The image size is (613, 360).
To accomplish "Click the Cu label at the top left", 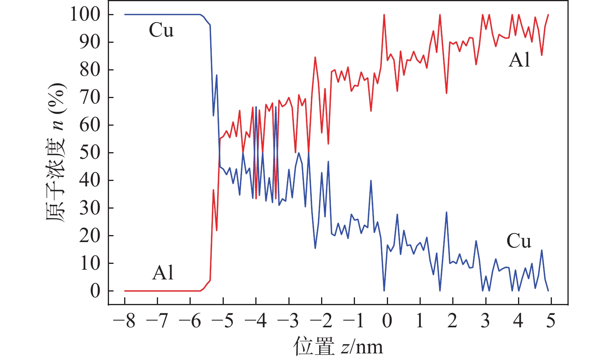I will [161, 30].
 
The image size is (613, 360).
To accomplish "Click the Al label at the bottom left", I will [163, 273].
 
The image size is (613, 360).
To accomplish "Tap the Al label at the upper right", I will [519, 60].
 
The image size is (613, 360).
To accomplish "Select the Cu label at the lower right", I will [518, 241].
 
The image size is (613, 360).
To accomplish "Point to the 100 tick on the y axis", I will [85, 15].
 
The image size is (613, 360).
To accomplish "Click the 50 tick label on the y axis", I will [90, 153].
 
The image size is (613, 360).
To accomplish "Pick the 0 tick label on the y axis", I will [95, 291].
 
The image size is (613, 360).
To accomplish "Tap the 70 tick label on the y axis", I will [90, 98].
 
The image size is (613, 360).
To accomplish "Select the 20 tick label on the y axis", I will [90, 236].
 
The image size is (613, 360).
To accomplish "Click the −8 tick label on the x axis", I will [124, 321].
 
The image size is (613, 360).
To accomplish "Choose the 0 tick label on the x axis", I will [387, 321].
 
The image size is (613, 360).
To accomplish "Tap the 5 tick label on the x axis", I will [551, 321].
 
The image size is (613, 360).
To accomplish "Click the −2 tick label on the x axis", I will [321, 321].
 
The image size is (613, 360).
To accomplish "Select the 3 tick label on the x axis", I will [485, 321].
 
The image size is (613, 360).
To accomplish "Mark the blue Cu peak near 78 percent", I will [216, 75].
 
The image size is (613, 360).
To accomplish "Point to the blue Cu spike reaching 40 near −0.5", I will [371, 181].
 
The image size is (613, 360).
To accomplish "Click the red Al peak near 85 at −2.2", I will [315, 57].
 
